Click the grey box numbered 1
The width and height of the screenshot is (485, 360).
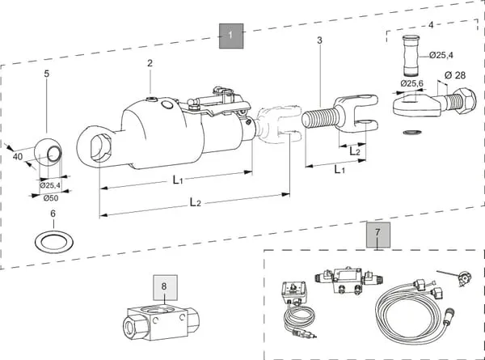(231, 36)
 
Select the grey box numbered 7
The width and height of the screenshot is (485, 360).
(378, 235)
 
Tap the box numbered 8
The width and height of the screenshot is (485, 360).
(166, 287)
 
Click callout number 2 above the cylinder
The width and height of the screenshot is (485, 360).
(150, 63)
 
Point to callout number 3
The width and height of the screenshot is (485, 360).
(319, 40)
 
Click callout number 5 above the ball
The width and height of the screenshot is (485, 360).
(47, 74)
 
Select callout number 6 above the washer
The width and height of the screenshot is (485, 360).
(53, 214)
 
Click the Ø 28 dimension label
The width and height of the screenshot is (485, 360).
(455, 75)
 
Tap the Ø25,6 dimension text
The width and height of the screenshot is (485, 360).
(411, 83)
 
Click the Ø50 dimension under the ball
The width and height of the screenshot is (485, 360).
(51, 198)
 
